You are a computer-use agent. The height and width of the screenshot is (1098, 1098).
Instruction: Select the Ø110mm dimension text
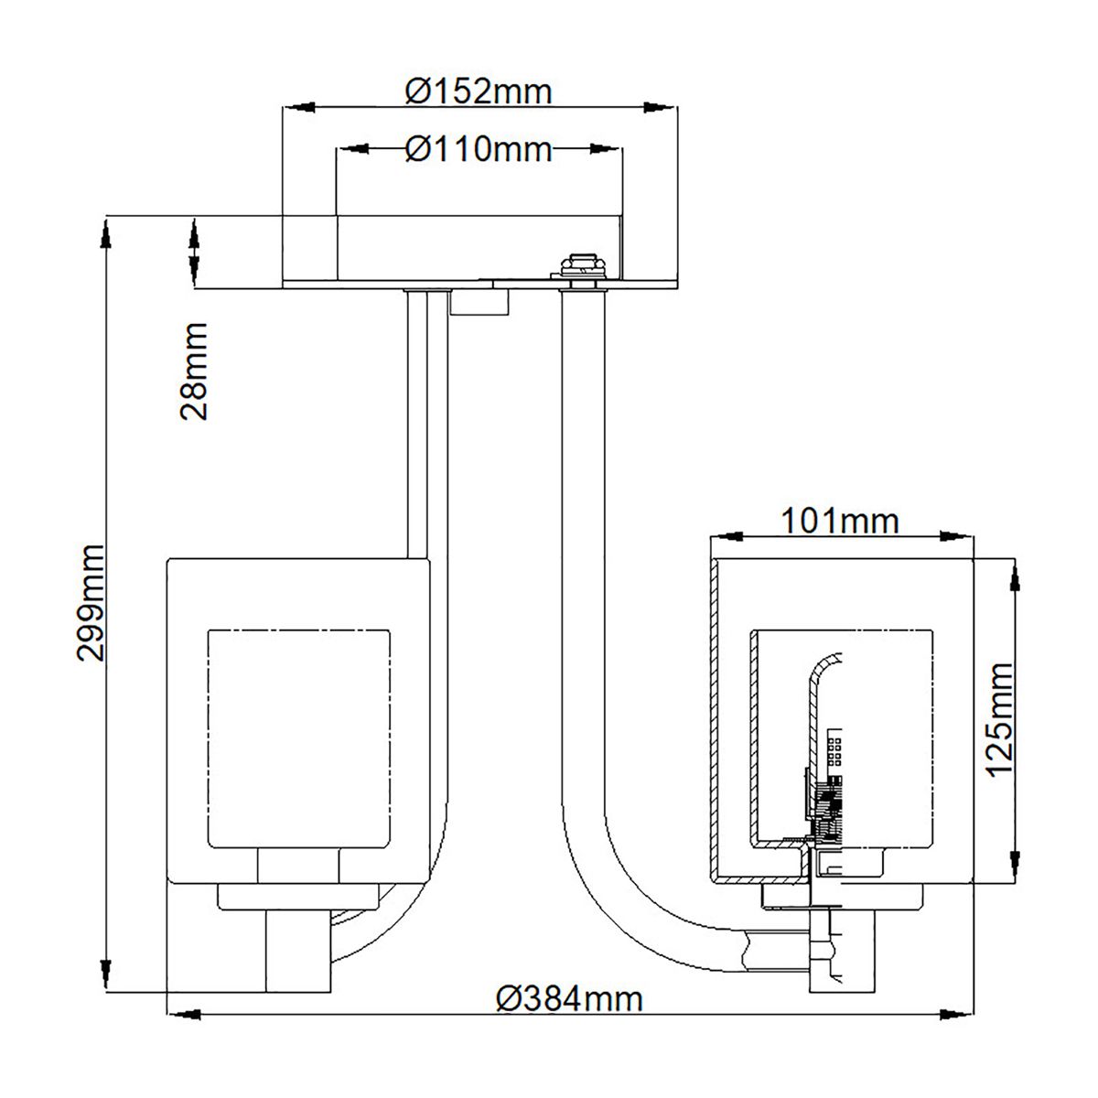(x=479, y=148)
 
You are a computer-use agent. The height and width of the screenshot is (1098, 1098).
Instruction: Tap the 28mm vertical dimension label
(x=194, y=370)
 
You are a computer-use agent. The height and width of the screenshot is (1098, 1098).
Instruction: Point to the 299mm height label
(x=91, y=601)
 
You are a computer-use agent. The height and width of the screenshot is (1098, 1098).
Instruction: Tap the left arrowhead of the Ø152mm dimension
(x=297, y=108)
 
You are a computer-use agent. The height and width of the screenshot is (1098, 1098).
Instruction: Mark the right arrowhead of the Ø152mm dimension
(x=662, y=108)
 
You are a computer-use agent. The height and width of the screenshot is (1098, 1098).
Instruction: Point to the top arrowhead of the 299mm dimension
(x=108, y=231)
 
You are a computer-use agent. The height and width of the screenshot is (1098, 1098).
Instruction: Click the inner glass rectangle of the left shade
(x=299, y=737)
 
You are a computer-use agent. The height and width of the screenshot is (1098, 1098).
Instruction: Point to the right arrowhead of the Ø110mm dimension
(x=606, y=148)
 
